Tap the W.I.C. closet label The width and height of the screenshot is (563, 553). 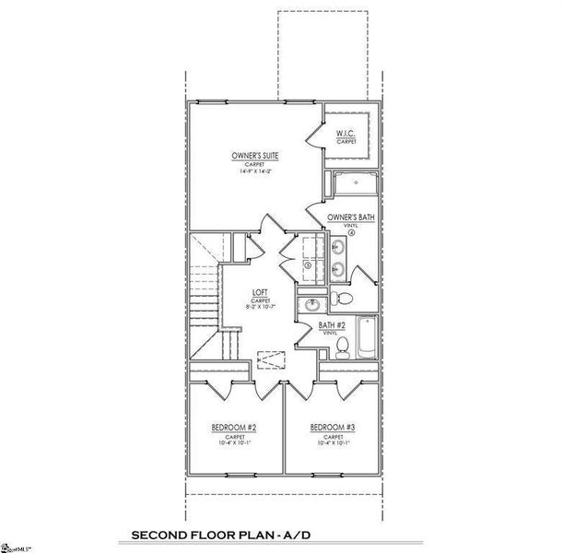pos(346,135)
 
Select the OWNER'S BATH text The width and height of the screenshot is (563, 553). pos(350,218)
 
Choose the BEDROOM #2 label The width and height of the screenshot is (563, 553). pos(233,428)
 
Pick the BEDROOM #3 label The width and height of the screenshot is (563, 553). pos(333,428)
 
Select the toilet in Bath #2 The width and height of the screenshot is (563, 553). pos(342,347)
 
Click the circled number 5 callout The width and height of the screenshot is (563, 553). pos(306,263)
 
